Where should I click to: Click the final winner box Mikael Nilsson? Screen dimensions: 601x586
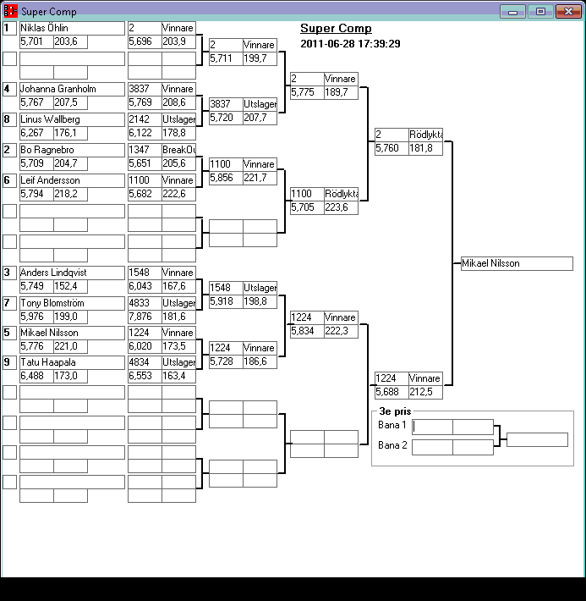pos(517,263)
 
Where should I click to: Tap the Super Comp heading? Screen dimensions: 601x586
pos(336,29)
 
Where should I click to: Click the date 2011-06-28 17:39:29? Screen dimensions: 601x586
pos(350,44)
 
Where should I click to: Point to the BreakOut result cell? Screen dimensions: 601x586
pos(178,150)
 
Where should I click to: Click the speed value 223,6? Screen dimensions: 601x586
pos(341,207)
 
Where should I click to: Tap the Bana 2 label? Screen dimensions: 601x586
pos(392,445)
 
